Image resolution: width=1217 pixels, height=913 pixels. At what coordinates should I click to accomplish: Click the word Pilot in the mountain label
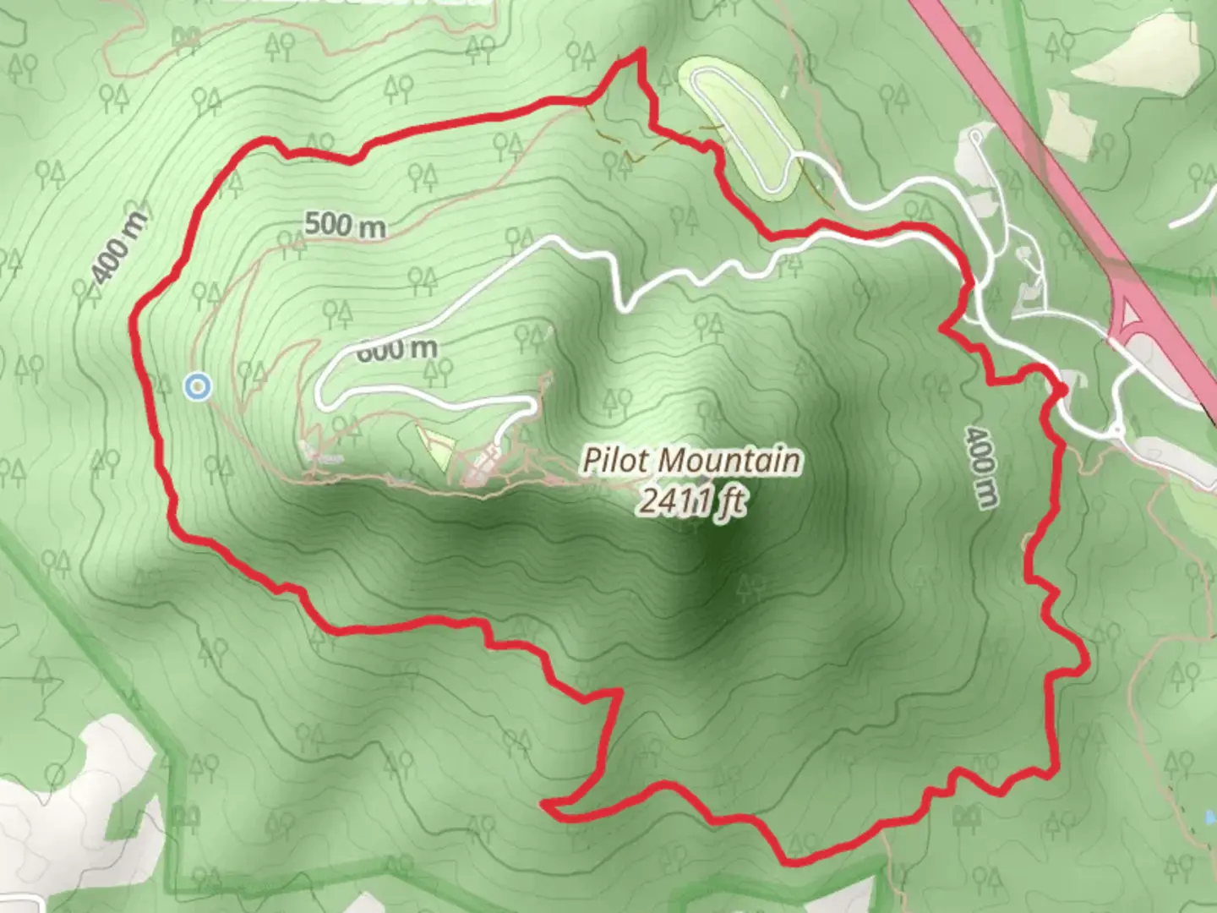614,462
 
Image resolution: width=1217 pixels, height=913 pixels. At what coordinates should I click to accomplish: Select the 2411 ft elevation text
692,500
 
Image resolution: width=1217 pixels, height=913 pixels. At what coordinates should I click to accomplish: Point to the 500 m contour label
345,225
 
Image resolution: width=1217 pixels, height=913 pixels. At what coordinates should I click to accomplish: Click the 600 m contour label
397,348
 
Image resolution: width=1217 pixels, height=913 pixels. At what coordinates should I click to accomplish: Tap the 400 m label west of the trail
118,245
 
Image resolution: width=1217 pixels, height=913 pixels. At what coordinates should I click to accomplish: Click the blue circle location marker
197,387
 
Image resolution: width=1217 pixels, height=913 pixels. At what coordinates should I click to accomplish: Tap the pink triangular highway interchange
1132,316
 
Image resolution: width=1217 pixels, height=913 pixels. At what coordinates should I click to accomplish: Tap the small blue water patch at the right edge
1210,817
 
